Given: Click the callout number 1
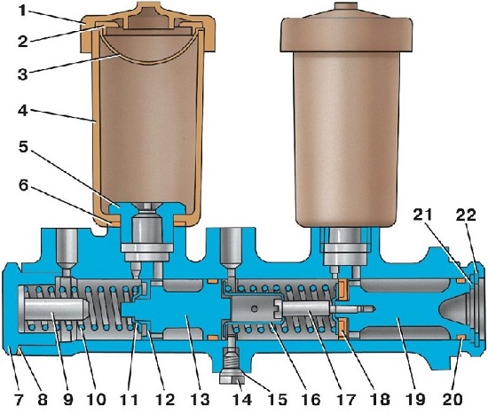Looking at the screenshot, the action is [x=22, y=11].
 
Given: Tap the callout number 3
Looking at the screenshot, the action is [x=22, y=75].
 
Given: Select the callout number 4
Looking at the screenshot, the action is [x=22, y=111].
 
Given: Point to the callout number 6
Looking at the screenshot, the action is [x=23, y=185].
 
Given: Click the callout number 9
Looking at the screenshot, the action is [x=67, y=399].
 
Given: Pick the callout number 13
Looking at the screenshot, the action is [x=200, y=399].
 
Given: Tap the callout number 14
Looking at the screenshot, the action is [x=242, y=399].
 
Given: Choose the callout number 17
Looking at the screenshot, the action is [x=345, y=399].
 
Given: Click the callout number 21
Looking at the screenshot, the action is [x=423, y=215].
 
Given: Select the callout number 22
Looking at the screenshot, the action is [x=466, y=215].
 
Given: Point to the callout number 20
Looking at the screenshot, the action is [x=453, y=399].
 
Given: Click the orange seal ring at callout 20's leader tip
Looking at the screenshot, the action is [x=460, y=338].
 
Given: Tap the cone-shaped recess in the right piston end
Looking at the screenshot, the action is [x=454, y=311].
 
